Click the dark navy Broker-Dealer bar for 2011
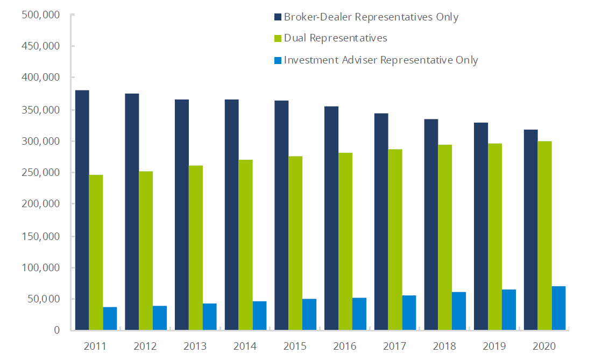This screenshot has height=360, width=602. (82, 210)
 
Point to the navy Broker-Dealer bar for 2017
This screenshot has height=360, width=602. (381, 221)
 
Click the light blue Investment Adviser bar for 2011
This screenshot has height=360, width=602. (110, 318)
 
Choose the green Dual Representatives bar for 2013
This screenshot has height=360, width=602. (196, 248)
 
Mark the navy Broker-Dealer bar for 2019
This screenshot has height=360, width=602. (481, 226)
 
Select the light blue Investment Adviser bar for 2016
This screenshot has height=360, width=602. (359, 314)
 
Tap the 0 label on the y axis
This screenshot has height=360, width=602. (55, 330)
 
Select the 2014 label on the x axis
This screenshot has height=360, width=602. (245, 345)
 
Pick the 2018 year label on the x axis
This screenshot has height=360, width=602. (445, 345)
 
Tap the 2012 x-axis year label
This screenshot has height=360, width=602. (146, 345)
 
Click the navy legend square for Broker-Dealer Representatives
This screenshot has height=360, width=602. (278, 17)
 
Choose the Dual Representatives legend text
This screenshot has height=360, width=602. (335, 38)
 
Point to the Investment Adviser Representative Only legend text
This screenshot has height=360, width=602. (380, 60)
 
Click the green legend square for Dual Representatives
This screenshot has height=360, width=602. (278, 39)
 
